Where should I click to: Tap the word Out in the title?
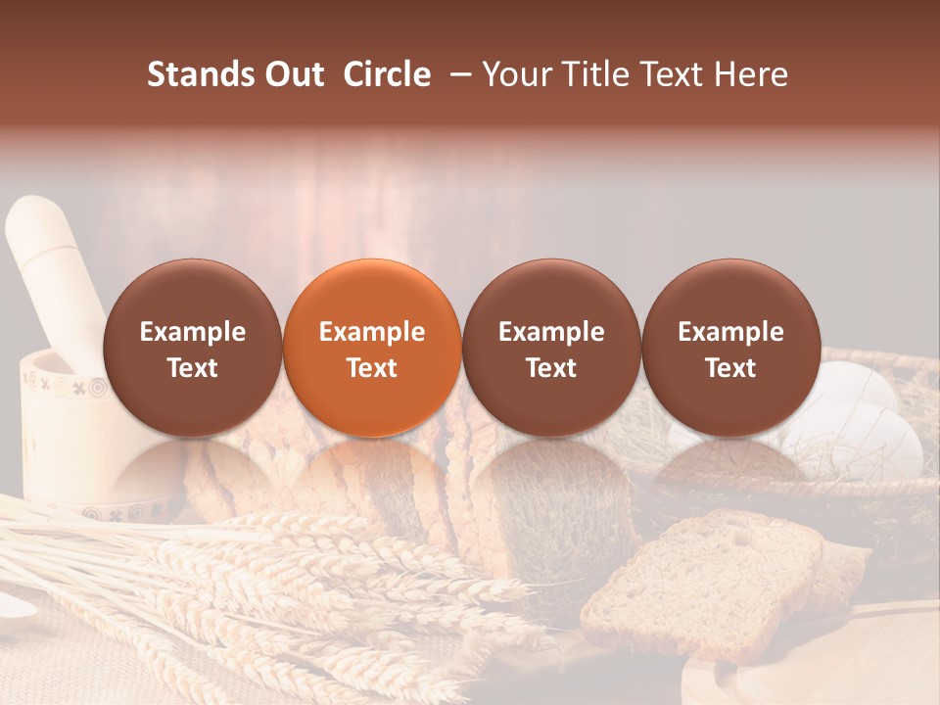point(295,74)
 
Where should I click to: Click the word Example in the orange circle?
point(372,332)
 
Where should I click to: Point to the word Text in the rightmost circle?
point(730,368)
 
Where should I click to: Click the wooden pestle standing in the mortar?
point(49,264)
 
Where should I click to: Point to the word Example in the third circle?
point(551,332)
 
